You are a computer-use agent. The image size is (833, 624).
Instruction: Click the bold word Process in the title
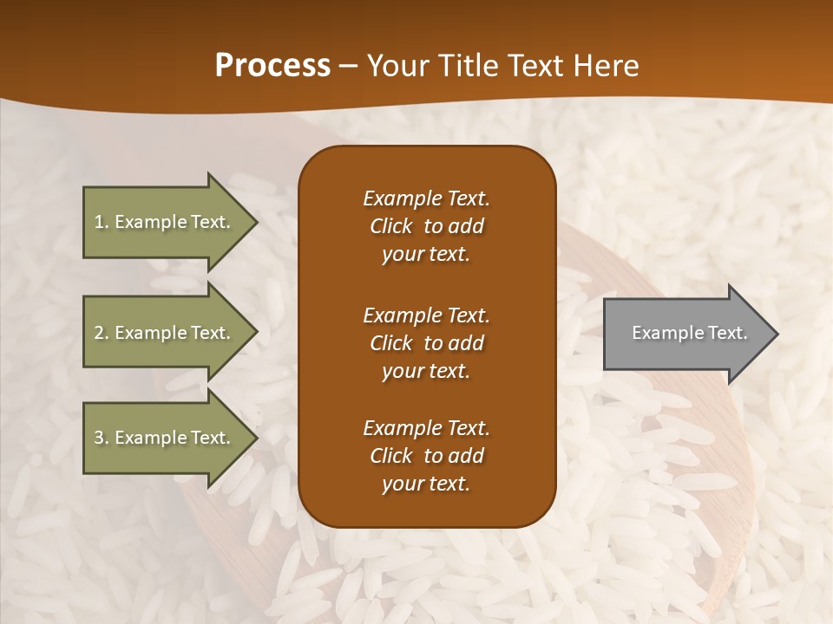click(272, 66)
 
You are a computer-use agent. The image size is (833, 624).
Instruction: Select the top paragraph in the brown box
click(426, 226)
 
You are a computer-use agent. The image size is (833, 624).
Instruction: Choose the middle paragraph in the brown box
click(426, 342)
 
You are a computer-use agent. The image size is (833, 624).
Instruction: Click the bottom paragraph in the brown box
click(426, 456)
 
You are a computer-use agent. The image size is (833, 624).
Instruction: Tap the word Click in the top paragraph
click(391, 226)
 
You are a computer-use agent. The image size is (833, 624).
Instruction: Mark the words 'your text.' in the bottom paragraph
click(426, 484)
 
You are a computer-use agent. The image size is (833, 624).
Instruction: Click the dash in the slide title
click(349, 66)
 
